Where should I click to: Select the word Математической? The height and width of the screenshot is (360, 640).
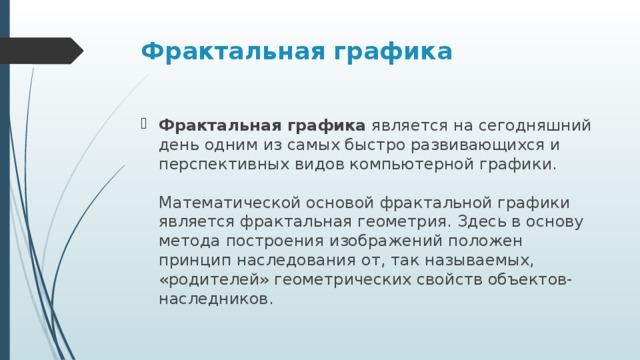pos(228,202)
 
